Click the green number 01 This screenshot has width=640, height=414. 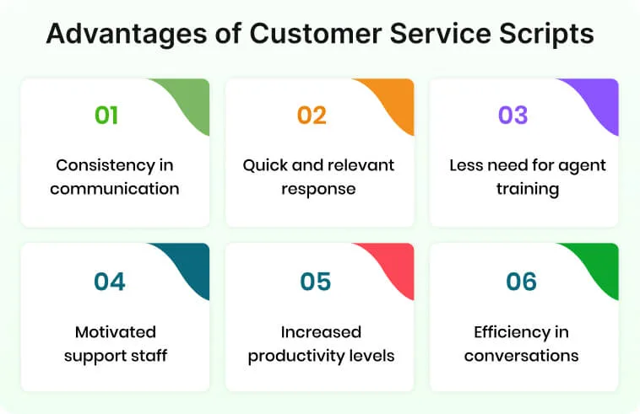106,116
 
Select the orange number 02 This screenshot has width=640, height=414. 311,116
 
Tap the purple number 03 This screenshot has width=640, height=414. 513,116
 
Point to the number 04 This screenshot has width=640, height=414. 110,281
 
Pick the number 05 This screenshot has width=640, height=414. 315,281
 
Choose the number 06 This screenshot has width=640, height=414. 521,281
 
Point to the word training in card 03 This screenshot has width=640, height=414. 527,188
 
